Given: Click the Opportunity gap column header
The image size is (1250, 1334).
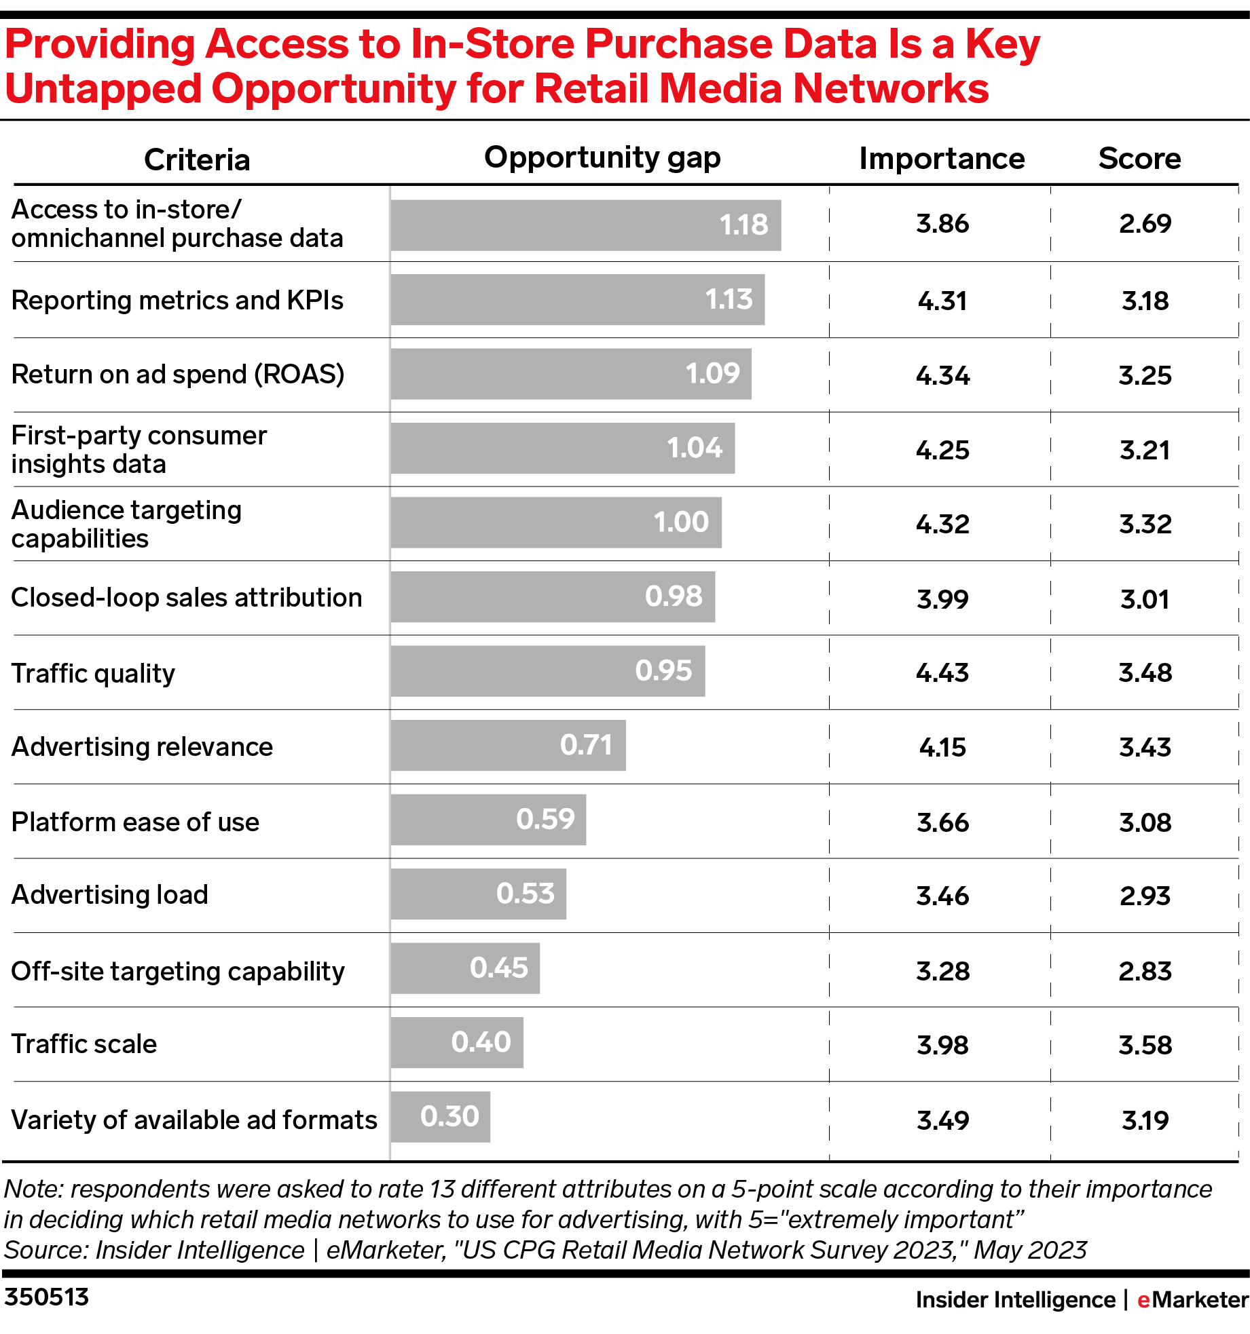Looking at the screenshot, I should point(602,158).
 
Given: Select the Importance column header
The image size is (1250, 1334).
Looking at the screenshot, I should point(941,159).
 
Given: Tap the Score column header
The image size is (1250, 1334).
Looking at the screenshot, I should point(1139,159).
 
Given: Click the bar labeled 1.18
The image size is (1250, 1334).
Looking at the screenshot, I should point(585,225).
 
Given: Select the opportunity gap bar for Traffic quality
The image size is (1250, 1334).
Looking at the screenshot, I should point(547,671).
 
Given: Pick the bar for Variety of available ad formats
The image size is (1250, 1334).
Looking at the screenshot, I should point(440,1117).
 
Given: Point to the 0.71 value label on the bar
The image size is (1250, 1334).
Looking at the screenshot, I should point(586,745).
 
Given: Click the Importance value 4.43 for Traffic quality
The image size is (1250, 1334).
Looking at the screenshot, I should point(942,673).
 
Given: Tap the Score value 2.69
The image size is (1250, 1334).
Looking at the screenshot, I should point(1145,224).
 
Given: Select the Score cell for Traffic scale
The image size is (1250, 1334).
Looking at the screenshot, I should point(1145,1045).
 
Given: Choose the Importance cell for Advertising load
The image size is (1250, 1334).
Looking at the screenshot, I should point(942,896).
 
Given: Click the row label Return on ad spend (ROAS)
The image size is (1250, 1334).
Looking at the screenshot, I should point(178,375).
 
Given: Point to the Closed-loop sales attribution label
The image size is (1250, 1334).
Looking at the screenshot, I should point(187,598).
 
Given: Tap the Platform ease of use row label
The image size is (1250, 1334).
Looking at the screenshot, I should point(136,822).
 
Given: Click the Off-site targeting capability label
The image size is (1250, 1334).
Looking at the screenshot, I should point(178,971).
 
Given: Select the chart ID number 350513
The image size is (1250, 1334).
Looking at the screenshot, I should point(47,1297).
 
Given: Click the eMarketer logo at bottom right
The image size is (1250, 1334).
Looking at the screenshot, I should point(1192,1299).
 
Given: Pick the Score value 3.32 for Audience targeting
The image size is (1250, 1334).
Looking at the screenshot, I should point(1145,525).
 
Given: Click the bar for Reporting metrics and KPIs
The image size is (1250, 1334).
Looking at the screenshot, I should point(577,300).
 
